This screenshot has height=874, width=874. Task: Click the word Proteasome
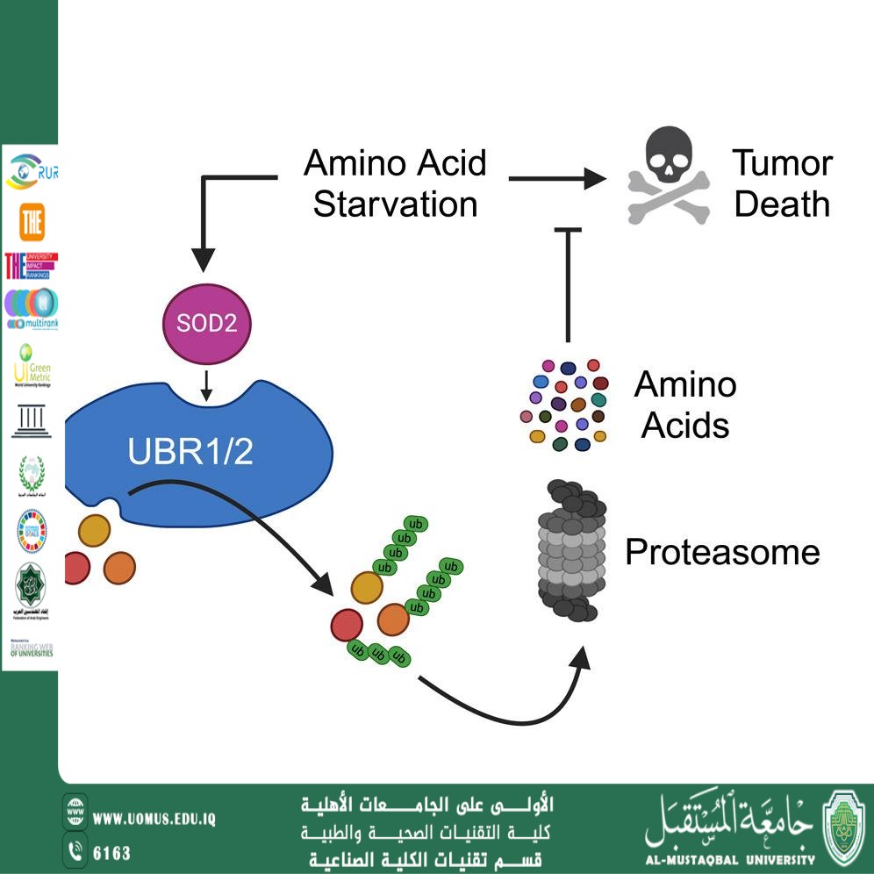pos(721,552)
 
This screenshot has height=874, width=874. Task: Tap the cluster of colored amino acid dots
pos(564,404)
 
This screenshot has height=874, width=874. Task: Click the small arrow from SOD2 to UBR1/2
pos(205,387)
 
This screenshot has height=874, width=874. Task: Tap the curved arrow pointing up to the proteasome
pos(509,702)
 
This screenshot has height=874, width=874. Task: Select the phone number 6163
pos(111,853)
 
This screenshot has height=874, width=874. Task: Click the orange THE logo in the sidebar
pos(32,225)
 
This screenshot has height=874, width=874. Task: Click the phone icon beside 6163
pos(75,851)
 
